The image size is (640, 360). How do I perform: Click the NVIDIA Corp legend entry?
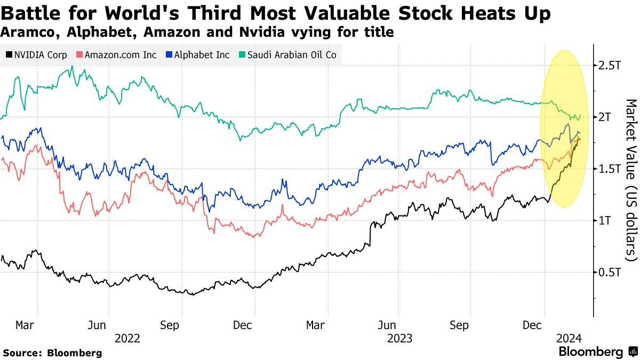[36, 55]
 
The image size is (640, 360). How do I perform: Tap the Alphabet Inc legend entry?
[197, 55]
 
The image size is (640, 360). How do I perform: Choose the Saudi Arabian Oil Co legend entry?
[288, 55]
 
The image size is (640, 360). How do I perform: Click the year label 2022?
[127, 338]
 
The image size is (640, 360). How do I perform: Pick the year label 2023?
[399, 338]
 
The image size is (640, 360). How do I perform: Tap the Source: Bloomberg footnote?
[52, 353]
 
